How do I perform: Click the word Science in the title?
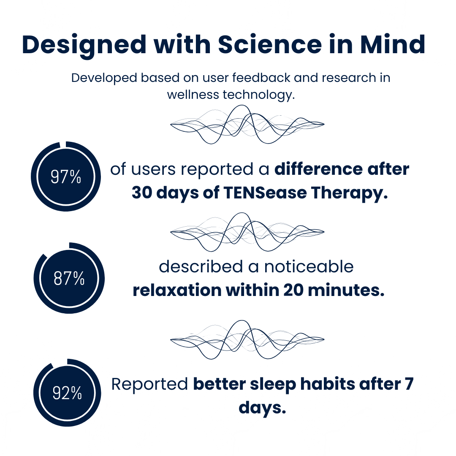pyautogui.click(x=270, y=45)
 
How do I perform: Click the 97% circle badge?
pyautogui.click(x=66, y=176)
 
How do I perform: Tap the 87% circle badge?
pyautogui.click(x=69, y=278)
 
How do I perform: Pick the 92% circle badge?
pyautogui.click(x=67, y=393)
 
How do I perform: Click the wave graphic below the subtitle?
pyautogui.click(x=247, y=124)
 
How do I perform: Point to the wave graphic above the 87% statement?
pyautogui.click(x=247, y=232)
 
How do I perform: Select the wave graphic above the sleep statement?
pyautogui.click(x=247, y=339)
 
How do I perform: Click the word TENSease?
pyautogui.click(x=265, y=193)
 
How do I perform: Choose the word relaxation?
pyautogui.click(x=177, y=290)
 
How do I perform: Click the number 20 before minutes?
pyautogui.click(x=293, y=290)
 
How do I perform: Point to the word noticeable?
pyautogui.click(x=309, y=267)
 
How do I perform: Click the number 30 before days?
pyautogui.click(x=142, y=193)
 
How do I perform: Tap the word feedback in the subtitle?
pyautogui.click(x=261, y=78)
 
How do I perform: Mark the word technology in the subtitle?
pyautogui.click(x=258, y=95)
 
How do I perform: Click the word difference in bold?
pyautogui.click(x=319, y=169)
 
